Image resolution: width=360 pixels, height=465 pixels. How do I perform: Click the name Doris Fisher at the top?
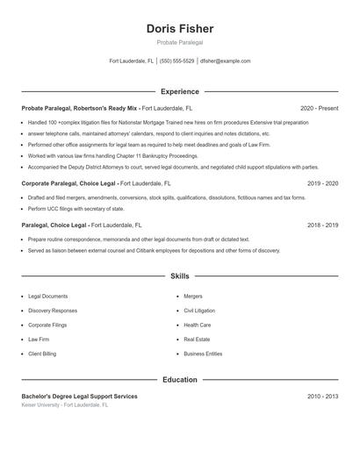[179, 29]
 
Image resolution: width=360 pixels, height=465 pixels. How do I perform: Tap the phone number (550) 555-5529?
[176, 61]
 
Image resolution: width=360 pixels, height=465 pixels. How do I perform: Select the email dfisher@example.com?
[225, 61]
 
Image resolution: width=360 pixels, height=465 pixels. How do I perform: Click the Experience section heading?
[179, 91]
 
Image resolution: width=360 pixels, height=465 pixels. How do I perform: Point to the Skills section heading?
[179, 276]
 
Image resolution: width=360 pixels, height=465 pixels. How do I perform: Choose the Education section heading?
[179, 380]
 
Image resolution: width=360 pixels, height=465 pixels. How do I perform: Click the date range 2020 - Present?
[319, 108]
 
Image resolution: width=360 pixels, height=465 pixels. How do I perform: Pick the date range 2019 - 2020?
[322, 183]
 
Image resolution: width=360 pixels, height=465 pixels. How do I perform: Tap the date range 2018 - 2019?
[322, 225]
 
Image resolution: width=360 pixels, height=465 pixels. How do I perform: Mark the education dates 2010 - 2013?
[322, 397]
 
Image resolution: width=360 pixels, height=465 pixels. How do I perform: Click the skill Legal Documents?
[47, 297]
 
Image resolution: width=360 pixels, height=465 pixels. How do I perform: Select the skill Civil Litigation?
[198, 311]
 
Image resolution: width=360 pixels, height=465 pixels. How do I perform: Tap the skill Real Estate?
[197, 339]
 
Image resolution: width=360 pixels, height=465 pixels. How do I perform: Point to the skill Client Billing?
[42, 354]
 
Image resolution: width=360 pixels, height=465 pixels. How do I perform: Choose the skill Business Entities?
[203, 354]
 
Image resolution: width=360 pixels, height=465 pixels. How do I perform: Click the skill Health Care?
[197, 325]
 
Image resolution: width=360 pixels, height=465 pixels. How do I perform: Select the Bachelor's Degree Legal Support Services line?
[79, 397]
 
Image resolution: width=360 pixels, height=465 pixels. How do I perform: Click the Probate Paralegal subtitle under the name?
[179, 43]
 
